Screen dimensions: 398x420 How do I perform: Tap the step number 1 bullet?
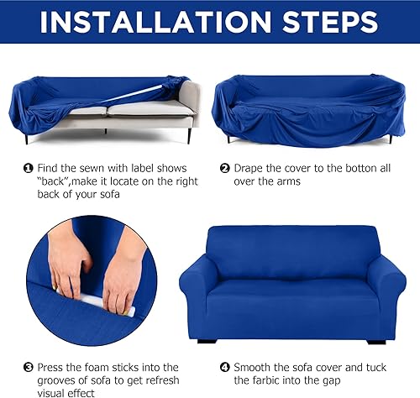point(27,168)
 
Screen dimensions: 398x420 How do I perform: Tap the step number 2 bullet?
point(224,168)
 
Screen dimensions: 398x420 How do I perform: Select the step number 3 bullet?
point(27,366)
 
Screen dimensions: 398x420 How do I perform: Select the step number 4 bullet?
point(224,366)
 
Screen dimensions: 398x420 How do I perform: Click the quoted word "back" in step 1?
point(55,181)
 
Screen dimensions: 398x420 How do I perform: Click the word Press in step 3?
point(50,366)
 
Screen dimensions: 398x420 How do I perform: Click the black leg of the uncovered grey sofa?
point(190,134)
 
